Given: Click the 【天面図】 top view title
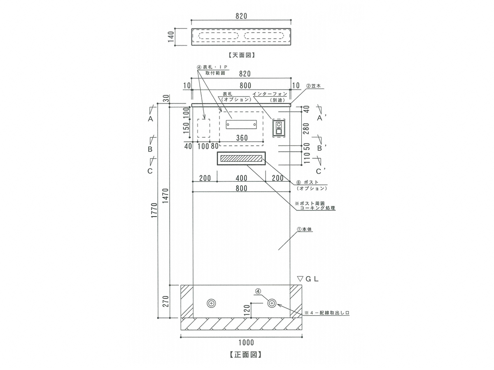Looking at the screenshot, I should tap(242, 54).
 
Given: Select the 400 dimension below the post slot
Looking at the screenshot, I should tap(242, 178).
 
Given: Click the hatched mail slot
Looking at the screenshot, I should tap(242, 158).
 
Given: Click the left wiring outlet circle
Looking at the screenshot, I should tap(211, 303).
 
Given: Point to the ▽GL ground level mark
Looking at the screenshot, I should tap(308, 278).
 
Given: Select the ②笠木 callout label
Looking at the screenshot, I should tap(313, 87).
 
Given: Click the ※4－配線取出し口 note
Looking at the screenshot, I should tap(327, 313).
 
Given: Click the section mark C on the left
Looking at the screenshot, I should tap(150, 170).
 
